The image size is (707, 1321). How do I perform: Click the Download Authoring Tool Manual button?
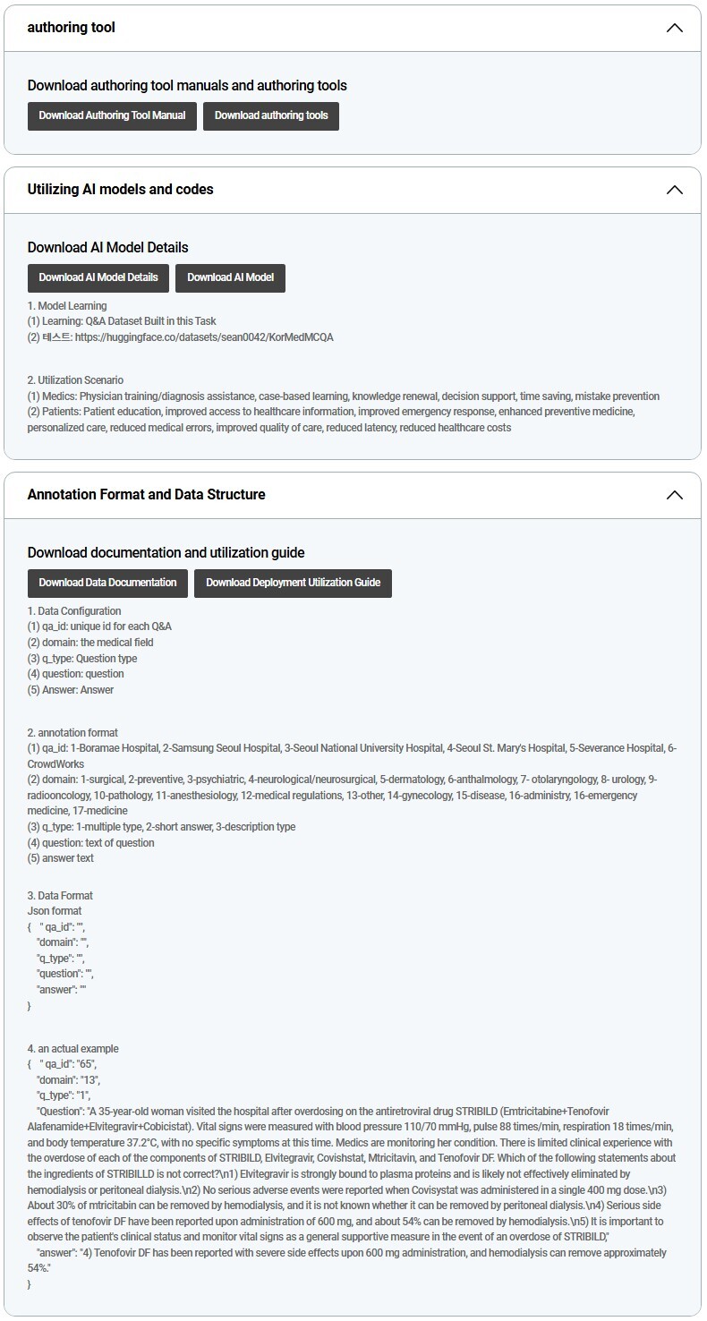112,115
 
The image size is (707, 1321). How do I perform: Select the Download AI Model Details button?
98,277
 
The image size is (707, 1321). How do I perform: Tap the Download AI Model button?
230,277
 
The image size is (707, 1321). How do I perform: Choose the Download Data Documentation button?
107,583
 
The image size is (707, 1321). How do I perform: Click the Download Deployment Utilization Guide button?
293,583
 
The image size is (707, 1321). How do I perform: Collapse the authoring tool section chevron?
675,28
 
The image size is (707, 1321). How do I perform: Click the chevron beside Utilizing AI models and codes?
675,190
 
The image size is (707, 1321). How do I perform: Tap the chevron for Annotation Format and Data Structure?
675,495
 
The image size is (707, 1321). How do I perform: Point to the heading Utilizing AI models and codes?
120,190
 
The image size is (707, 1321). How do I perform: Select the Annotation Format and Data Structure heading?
146,495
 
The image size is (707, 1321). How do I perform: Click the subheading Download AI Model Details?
107,248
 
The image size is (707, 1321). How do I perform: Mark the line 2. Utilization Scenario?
75,380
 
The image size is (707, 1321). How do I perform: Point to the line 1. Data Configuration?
74,611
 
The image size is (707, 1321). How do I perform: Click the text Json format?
55,911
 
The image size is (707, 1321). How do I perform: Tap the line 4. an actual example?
72,1049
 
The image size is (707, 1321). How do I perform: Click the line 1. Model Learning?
67,306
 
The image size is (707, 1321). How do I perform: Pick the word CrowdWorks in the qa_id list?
55,764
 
